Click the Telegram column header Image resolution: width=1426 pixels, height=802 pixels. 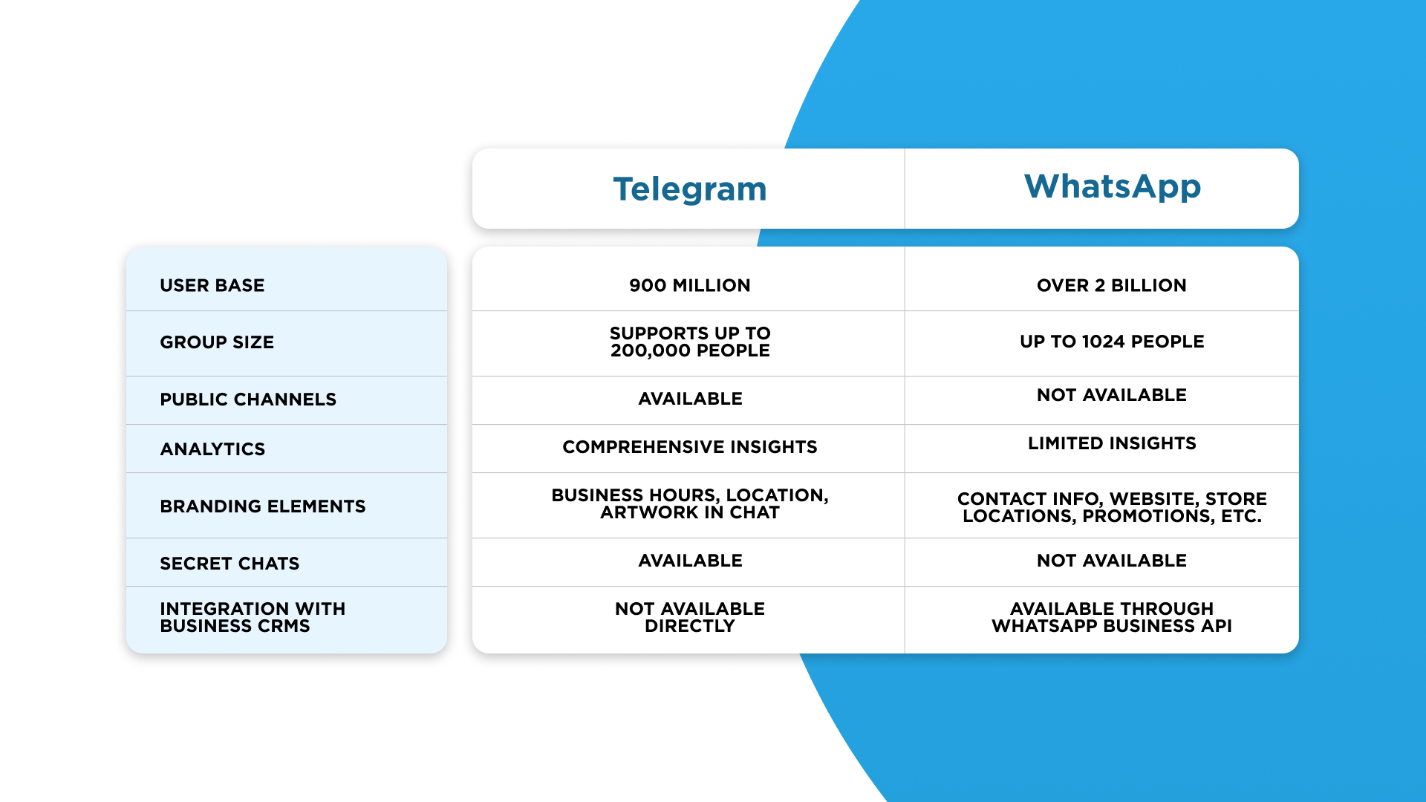(x=690, y=189)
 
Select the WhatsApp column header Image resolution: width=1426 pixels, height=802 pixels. (x=1113, y=186)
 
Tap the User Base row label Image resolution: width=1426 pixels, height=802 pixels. (x=212, y=285)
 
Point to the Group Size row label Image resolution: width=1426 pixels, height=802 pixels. (x=217, y=342)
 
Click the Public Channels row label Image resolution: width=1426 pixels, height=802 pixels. (x=248, y=400)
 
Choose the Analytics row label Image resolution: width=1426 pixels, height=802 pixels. (x=212, y=449)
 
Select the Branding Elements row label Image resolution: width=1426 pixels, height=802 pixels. (x=263, y=506)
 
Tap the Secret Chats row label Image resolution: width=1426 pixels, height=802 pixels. (x=229, y=564)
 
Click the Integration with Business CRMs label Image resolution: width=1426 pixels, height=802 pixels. (x=253, y=617)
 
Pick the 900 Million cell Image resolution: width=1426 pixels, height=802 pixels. (x=690, y=285)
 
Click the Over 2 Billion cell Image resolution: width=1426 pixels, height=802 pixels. (x=1112, y=285)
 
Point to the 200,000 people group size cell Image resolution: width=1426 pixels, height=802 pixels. (x=690, y=342)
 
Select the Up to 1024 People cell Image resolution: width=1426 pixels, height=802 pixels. (x=1112, y=342)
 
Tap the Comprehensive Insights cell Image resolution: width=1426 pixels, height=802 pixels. (x=690, y=447)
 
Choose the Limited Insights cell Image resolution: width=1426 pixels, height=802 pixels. (x=1112, y=443)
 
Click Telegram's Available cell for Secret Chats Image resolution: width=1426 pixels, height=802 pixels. (x=690, y=561)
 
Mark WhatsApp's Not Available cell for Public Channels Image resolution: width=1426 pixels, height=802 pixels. (x=1112, y=395)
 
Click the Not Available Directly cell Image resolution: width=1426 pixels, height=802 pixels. (x=690, y=617)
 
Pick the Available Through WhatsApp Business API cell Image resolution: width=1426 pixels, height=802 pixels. (x=1112, y=617)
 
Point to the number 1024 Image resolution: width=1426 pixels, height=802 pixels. (x=1104, y=342)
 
